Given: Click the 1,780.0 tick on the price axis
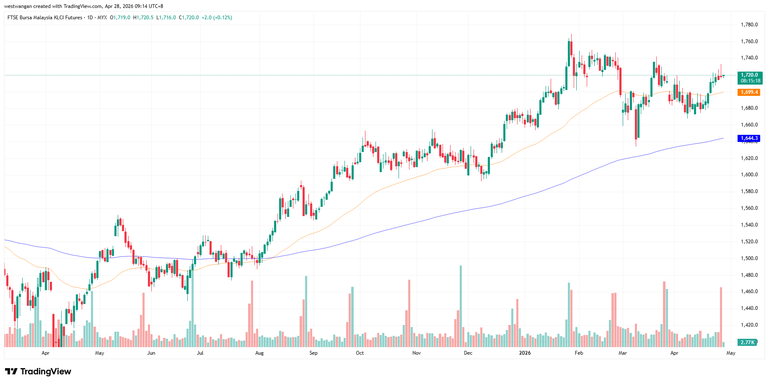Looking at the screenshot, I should pos(749,25).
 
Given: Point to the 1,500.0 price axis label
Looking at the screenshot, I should pos(749,258).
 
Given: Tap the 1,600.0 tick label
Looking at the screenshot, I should pos(749,175).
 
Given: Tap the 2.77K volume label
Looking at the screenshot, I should pos(748,343).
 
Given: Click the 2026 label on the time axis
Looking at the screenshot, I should pos(525,353).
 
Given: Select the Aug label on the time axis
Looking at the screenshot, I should pos(259,353).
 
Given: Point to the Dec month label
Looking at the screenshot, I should pos(468,353).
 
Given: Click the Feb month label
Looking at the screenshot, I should pos(579,353).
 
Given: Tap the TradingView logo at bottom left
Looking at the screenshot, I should pos(38,371).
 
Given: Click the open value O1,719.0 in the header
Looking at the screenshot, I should pos(120,18).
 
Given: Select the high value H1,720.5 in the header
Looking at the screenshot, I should pos(143,18).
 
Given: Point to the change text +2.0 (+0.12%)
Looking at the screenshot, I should pos(217,18).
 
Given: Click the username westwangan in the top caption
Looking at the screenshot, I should pos(18,6).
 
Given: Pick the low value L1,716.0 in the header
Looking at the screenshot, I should pos(166,18).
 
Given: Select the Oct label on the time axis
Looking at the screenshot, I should pos(360,353).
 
